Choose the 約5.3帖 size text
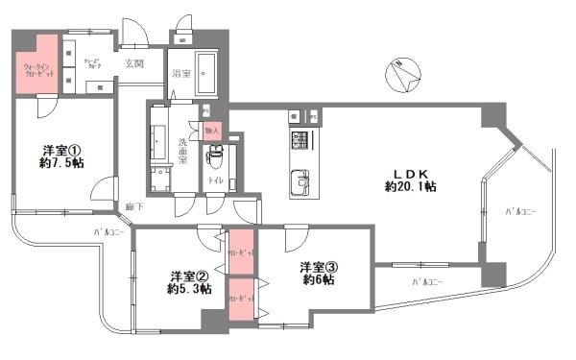pos(188,289)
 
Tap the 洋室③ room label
pos(318,266)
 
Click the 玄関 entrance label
pos(133,64)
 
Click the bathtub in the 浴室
pos(207,73)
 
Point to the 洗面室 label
pos(184,151)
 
